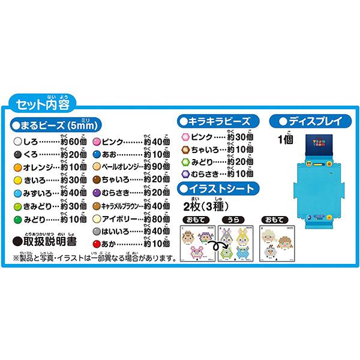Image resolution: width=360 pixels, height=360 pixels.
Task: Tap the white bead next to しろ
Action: (16, 141)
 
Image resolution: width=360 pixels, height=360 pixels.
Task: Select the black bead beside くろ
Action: (16, 154)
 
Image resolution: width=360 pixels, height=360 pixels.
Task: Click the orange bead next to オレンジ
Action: (16, 166)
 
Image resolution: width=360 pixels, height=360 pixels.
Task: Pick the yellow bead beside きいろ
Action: (16, 179)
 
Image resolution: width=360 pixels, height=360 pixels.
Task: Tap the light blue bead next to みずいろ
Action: (16, 193)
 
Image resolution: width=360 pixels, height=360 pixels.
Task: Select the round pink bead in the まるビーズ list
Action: (96, 141)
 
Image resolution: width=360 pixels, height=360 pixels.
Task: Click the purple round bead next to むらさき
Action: (96, 193)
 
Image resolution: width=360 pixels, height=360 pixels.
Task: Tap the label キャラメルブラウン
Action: (122, 205)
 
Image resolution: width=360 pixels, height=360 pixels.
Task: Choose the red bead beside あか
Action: (96, 243)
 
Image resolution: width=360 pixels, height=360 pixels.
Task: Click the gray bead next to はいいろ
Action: (96, 230)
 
